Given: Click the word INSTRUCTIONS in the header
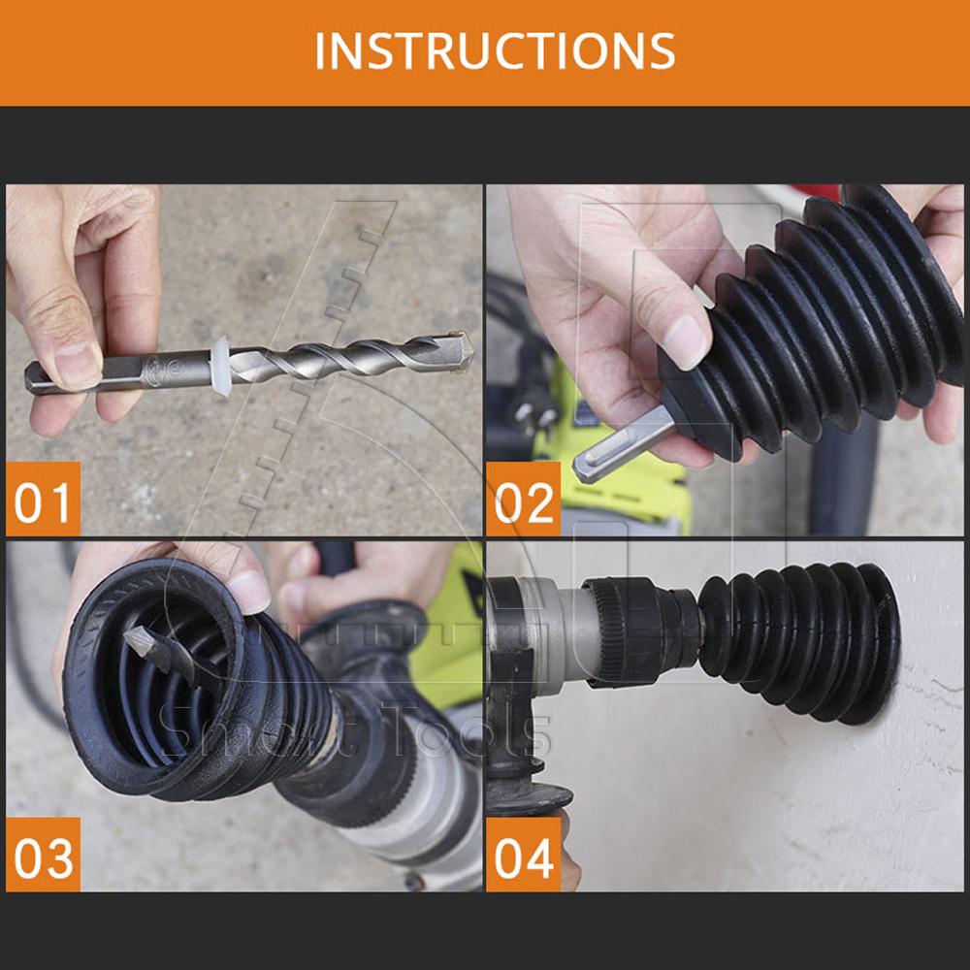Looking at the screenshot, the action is click(x=495, y=50).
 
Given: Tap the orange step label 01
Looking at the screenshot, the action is click(x=43, y=499).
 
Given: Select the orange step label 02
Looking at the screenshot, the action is click(x=524, y=499).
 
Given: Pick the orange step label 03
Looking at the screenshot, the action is click(x=43, y=855).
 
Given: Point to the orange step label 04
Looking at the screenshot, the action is click(x=524, y=855).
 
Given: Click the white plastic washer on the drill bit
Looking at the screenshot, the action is click(x=221, y=367).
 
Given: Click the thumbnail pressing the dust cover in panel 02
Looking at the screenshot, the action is click(x=686, y=340).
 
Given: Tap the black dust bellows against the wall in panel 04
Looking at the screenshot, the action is click(x=799, y=642).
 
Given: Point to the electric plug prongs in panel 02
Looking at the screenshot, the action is click(x=532, y=417).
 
